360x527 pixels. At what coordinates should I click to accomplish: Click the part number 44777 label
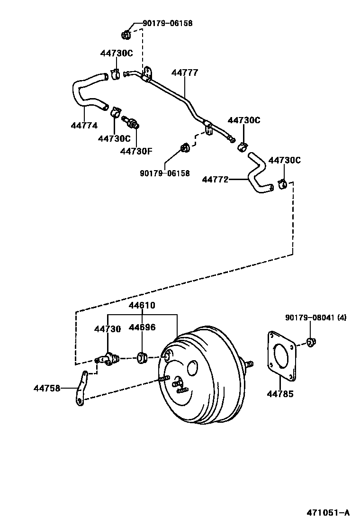pos(185,72)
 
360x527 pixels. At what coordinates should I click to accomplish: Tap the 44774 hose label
pos(84,125)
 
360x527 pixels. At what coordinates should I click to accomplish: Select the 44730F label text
pos(136,151)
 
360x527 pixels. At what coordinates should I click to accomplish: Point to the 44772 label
pos(215,180)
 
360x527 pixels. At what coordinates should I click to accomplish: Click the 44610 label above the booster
pos(143,305)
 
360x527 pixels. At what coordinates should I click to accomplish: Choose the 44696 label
pos(143,327)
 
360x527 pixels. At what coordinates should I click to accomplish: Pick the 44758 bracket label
pos(47,388)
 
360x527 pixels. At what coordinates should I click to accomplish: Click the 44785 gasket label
pos(280,393)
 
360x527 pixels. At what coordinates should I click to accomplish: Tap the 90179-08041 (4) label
pos(316,317)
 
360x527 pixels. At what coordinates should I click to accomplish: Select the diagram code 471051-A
pos(328,513)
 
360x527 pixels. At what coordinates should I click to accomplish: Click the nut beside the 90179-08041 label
pos(311,342)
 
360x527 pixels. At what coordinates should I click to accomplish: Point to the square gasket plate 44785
pos(282,356)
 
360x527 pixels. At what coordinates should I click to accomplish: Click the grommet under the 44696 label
pos(141,358)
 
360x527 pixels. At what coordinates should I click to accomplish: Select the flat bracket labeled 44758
pos(81,389)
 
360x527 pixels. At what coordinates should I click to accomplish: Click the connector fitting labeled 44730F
pos(131,122)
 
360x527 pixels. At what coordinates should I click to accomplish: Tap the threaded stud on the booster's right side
pos(249,364)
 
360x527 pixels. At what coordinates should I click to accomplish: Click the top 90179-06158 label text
pos(168,23)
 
